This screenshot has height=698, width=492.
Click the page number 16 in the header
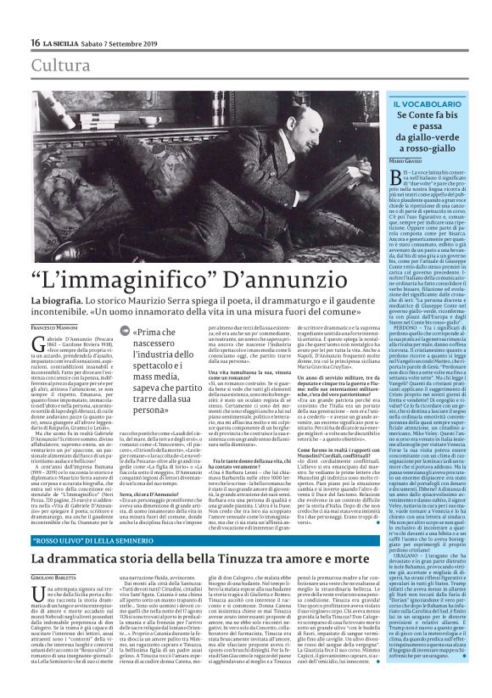(x=35, y=42)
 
